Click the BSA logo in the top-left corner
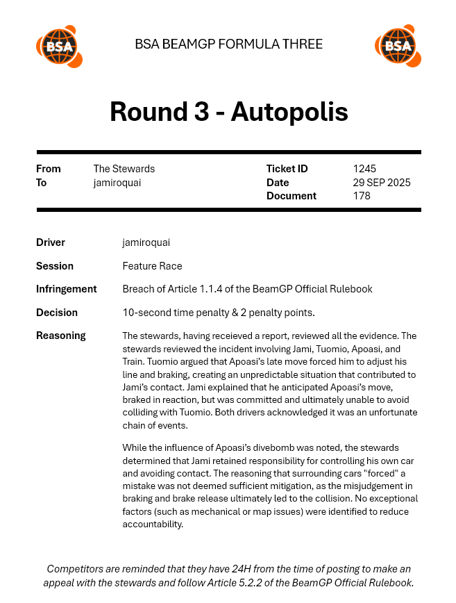(59, 47)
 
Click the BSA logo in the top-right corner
(398, 47)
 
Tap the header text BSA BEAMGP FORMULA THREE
(228, 44)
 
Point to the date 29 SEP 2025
(382, 183)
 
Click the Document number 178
(362, 196)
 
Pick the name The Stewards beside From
(124, 169)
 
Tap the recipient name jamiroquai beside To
(117, 183)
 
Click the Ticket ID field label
(287, 169)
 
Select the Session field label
(55, 266)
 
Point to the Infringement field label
(67, 289)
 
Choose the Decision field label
(57, 313)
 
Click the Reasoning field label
(61, 336)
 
